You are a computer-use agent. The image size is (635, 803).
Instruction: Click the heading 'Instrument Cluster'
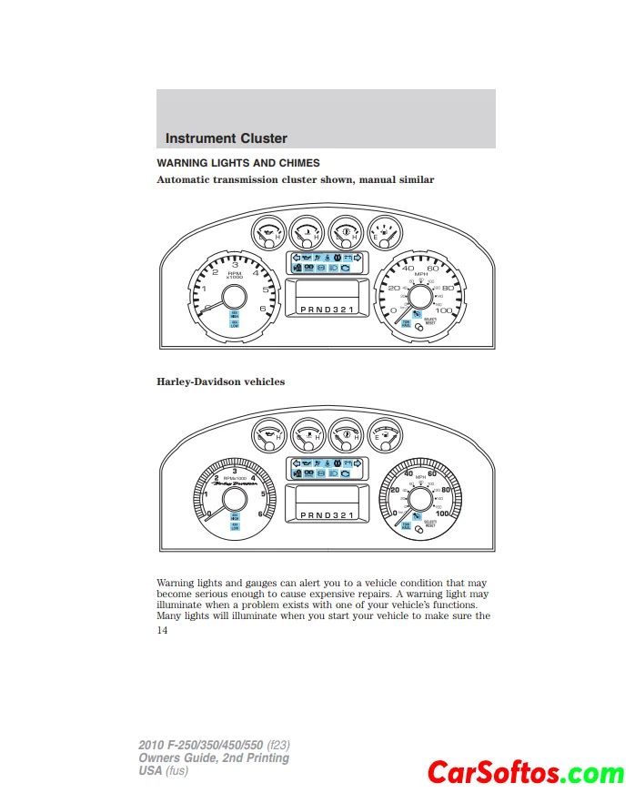(x=227, y=138)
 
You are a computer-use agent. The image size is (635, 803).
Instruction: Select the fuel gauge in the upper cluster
(x=384, y=235)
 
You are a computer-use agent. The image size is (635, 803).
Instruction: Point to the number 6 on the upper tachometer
(x=263, y=308)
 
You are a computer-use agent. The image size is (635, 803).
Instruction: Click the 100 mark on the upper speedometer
(x=444, y=310)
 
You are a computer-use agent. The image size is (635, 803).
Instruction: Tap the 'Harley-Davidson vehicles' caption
(x=220, y=381)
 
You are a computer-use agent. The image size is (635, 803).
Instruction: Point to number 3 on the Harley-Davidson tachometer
(x=235, y=470)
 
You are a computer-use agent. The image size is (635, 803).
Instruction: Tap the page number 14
(x=162, y=629)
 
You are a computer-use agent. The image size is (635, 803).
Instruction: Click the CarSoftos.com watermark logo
(x=526, y=775)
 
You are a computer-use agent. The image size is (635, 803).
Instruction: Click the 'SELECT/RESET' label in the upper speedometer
(x=429, y=320)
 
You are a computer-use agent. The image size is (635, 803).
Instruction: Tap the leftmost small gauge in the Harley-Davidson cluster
(x=269, y=436)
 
